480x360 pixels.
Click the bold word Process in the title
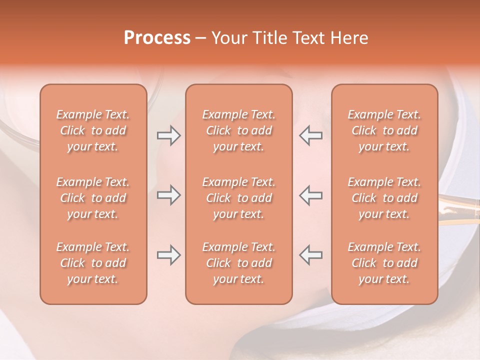click(157, 38)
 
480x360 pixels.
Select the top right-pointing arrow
click(168, 135)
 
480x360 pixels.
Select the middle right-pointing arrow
click(168, 195)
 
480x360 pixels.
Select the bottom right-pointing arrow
click(168, 255)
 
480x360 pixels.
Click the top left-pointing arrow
click(310, 135)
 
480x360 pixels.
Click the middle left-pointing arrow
click(310, 195)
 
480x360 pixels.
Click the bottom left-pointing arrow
click(310, 255)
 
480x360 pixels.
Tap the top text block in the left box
click(93, 130)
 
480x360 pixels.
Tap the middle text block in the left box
click(93, 198)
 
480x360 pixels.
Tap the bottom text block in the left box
click(93, 263)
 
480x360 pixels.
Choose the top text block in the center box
click(239, 130)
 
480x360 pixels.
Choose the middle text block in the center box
click(239, 198)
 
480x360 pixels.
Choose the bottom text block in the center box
click(239, 263)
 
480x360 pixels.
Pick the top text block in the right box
click(384, 130)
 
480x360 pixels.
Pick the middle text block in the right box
click(384, 198)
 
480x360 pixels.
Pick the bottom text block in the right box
click(384, 263)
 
